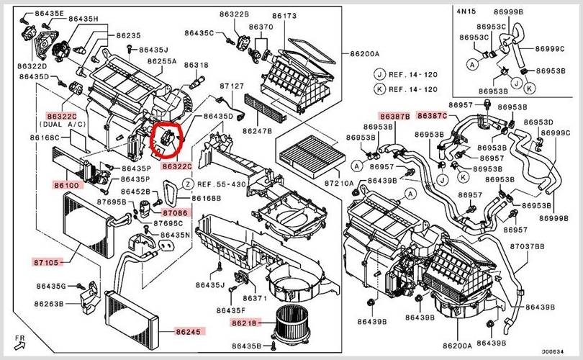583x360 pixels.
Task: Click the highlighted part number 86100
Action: click(x=68, y=185)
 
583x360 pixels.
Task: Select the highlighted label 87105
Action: click(x=48, y=261)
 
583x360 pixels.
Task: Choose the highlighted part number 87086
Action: click(x=175, y=213)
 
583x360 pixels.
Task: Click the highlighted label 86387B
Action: click(x=395, y=116)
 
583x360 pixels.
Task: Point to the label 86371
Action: click(x=255, y=298)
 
